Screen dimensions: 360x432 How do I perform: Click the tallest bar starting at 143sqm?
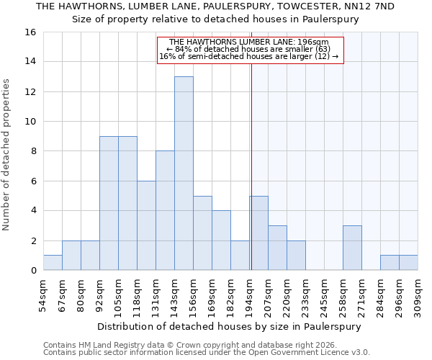(184, 174)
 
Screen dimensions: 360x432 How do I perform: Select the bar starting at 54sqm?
(53, 263)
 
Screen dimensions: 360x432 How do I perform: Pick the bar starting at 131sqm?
(165, 210)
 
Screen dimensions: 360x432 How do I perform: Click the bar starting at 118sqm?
(146, 225)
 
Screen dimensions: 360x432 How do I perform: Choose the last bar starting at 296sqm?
(408, 263)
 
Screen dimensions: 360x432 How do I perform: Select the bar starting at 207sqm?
(277, 248)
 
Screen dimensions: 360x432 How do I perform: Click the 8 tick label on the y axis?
(33, 151)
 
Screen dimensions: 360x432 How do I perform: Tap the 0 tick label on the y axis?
(33, 271)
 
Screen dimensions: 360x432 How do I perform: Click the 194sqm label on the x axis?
(250, 295)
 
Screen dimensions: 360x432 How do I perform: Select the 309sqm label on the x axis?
(418, 295)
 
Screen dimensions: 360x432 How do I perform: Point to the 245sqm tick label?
(324, 295)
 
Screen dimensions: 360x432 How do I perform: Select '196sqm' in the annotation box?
(315, 42)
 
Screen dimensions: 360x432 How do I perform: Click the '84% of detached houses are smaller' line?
(248, 49)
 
